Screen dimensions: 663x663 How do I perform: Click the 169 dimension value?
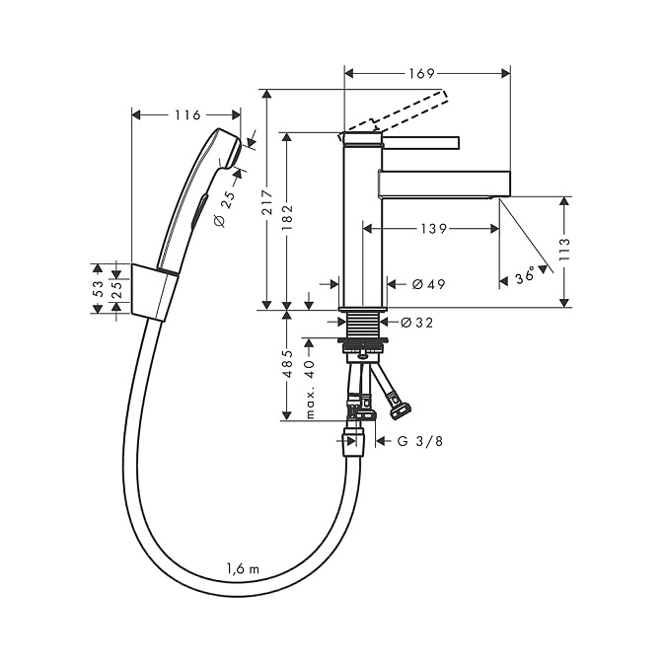(x=421, y=73)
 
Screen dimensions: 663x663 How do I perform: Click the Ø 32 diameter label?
(x=419, y=322)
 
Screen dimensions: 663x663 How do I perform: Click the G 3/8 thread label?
(x=420, y=442)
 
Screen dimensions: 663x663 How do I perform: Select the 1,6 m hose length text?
(x=243, y=567)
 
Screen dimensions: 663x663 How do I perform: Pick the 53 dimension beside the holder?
(x=97, y=288)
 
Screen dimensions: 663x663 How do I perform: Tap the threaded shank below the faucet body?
(x=363, y=323)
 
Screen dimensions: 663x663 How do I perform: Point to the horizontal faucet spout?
(x=444, y=183)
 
